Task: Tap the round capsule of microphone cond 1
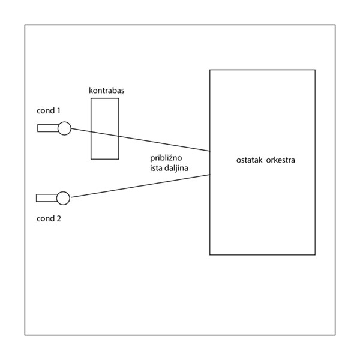point(64,127)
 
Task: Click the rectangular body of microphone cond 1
point(47,127)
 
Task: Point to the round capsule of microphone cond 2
point(63,197)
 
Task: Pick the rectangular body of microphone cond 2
point(46,197)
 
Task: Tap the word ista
point(157,169)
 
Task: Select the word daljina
point(178,169)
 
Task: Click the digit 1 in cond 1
point(59,110)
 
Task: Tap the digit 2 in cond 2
point(59,218)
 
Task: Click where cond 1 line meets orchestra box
point(209,151)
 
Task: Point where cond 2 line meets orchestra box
point(209,174)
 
